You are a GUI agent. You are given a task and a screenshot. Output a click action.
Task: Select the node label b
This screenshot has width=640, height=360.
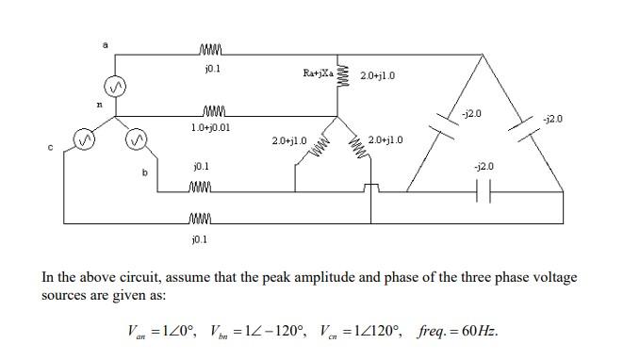click(x=144, y=172)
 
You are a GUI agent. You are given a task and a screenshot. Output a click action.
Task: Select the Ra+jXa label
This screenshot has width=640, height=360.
click(x=317, y=71)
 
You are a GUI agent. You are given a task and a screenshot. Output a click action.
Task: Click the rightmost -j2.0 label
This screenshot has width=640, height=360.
click(x=553, y=120)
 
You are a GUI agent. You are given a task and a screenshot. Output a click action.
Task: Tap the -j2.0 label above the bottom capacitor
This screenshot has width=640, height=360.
click(x=484, y=166)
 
